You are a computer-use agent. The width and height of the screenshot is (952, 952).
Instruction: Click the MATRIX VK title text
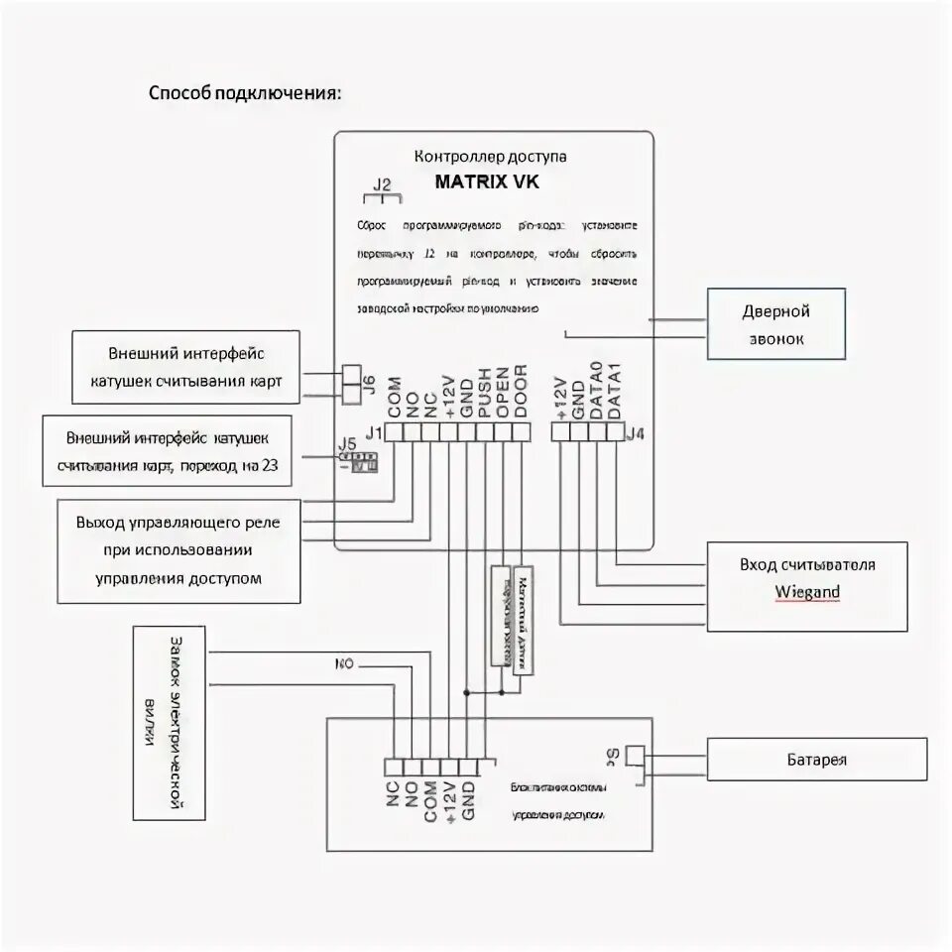[487, 182]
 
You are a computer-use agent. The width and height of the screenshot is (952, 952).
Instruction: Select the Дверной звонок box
[775, 324]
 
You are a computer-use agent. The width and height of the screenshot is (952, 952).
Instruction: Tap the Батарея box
[816, 761]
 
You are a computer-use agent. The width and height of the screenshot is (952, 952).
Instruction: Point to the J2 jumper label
[382, 184]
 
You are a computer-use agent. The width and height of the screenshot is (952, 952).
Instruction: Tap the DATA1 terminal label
[615, 390]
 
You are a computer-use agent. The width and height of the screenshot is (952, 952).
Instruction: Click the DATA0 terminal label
[597, 390]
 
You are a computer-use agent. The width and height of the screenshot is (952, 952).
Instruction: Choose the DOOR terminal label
[522, 393]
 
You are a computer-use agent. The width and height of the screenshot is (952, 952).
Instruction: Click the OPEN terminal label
[503, 394]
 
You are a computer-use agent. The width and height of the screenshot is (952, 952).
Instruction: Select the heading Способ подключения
[245, 93]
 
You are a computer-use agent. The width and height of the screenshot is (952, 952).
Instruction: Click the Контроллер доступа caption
[490, 157]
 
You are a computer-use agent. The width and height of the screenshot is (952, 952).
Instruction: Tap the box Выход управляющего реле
[178, 550]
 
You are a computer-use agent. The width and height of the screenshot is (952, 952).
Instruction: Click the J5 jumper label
[347, 445]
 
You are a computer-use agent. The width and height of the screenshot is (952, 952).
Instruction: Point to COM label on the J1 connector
[394, 398]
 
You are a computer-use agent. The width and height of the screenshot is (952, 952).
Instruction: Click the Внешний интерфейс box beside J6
[186, 368]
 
